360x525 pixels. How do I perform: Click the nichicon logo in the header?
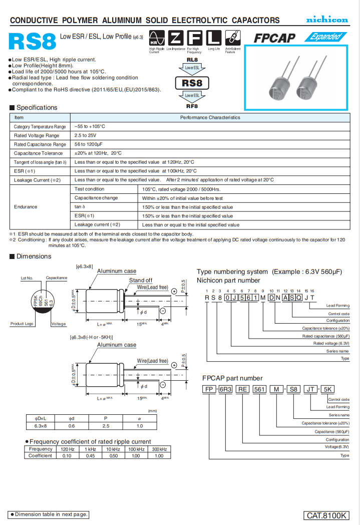pyautogui.click(x=327, y=20)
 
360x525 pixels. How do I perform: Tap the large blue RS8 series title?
pyautogui.click(x=32, y=43)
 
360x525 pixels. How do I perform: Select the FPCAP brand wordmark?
pyautogui.click(x=274, y=38)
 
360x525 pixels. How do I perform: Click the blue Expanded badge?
pyautogui.click(x=325, y=37)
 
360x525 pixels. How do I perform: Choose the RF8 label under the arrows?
pyautogui.click(x=192, y=106)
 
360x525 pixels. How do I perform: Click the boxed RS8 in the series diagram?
pyautogui.click(x=192, y=83)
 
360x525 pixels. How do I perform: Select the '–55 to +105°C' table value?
pyautogui.click(x=90, y=127)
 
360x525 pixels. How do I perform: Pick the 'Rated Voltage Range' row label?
pyautogui.click(x=37, y=136)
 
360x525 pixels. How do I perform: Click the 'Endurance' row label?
pyautogui.click(x=26, y=207)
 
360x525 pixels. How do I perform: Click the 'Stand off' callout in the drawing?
pyautogui.click(x=141, y=280)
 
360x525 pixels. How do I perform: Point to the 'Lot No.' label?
pyautogui.click(x=27, y=278)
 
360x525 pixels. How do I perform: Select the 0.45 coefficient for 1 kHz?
pyautogui.click(x=91, y=456)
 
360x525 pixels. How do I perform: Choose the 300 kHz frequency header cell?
pyautogui.click(x=159, y=449)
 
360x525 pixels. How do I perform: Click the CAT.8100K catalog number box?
pyautogui.click(x=326, y=515)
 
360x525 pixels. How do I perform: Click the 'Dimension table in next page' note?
pyautogui.click(x=49, y=514)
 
